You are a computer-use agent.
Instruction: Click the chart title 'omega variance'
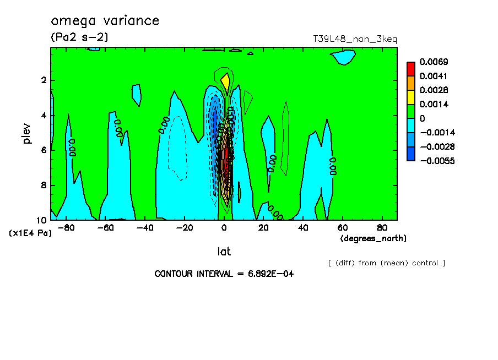click(105, 21)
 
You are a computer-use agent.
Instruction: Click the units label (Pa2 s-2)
click(79, 37)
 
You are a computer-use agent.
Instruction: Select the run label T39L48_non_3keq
click(355, 39)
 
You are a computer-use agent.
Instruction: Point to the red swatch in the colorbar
click(411, 69)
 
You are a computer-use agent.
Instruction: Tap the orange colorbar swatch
click(411, 83)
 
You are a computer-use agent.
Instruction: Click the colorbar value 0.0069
click(434, 62)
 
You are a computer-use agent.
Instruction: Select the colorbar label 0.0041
click(434, 76)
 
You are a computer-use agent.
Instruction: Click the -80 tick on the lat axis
click(66, 227)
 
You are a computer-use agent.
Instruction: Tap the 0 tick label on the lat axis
click(224, 227)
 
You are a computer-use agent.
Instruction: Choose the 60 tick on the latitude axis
click(342, 227)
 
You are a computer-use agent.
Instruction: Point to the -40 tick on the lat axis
click(145, 227)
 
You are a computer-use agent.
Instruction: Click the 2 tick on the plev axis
click(43, 80)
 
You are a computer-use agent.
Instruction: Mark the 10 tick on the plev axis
click(41, 220)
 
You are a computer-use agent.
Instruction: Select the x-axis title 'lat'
click(224, 252)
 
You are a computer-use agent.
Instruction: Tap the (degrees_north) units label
click(373, 238)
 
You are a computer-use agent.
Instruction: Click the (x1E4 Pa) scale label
click(30, 233)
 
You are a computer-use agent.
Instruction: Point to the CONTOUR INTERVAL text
click(224, 274)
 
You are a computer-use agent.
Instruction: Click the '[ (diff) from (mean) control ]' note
click(386, 263)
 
